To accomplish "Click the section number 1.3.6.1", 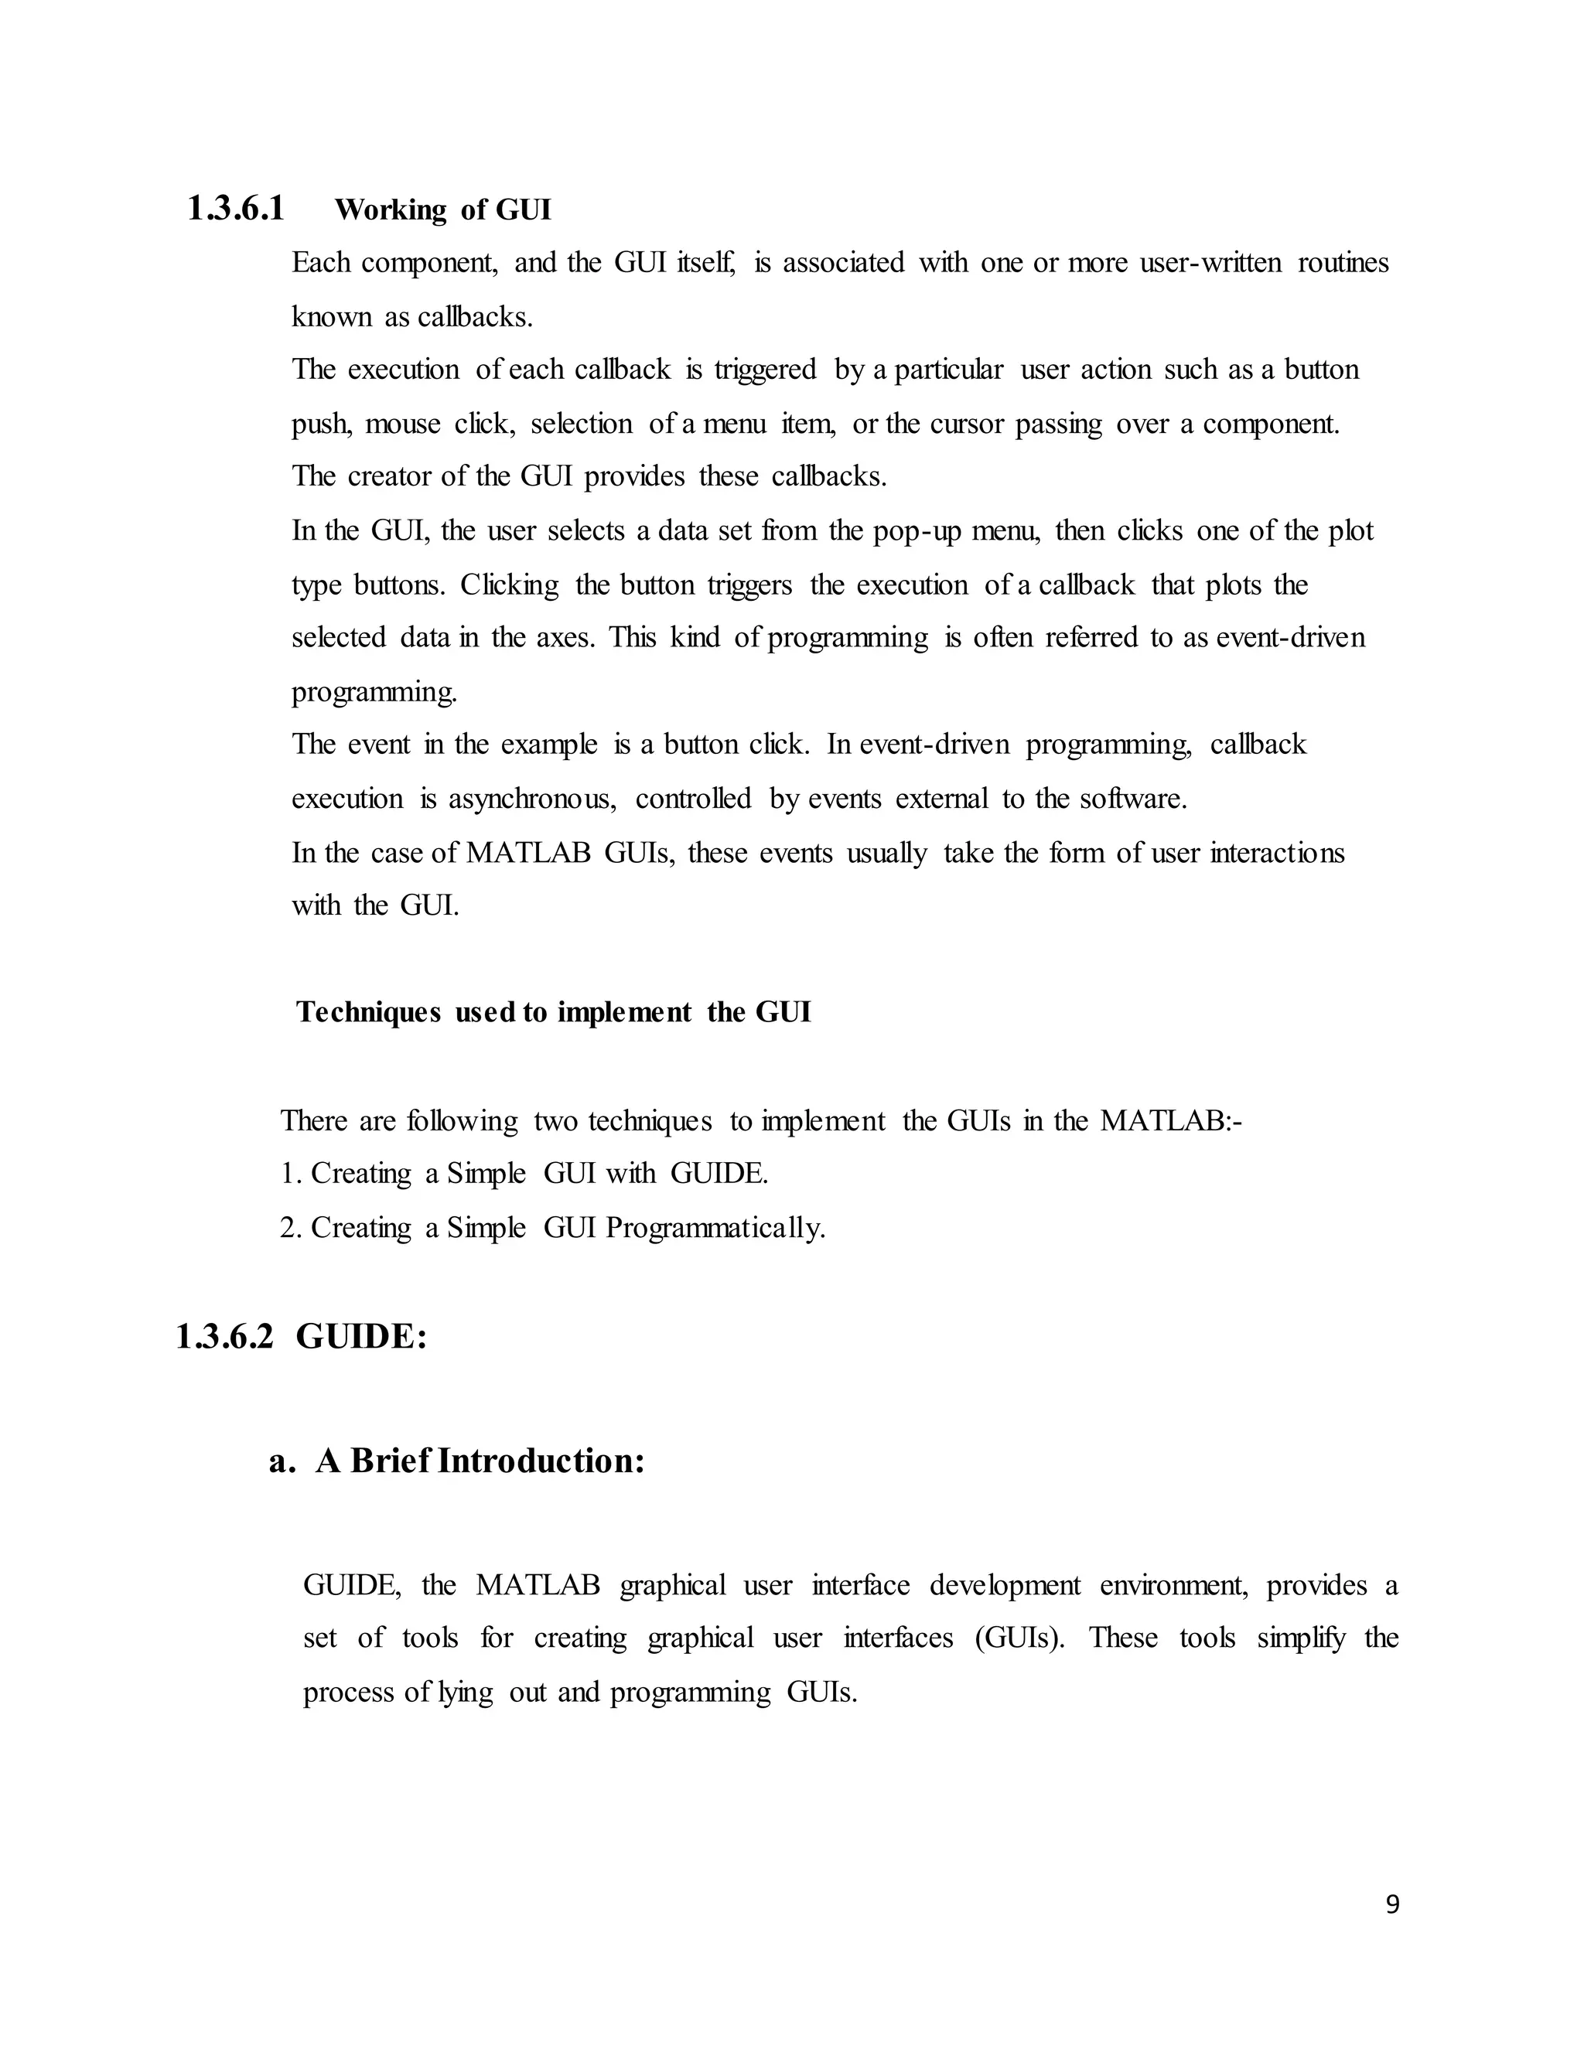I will click(x=236, y=208).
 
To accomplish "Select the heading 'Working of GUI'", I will click(x=443, y=210).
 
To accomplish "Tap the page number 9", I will click(x=1391, y=1904).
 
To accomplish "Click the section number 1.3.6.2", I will click(x=224, y=1337).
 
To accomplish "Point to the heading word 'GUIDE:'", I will click(x=361, y=1337).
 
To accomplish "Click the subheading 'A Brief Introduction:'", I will click(x=480, y=1461).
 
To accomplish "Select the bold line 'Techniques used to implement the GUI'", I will click(x=553, y=1012).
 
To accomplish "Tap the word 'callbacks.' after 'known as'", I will click(x=475, y=317).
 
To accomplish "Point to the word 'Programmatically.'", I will click(x=715, y=1227).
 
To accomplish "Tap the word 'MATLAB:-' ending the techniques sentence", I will click(x=1170, y=1120).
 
